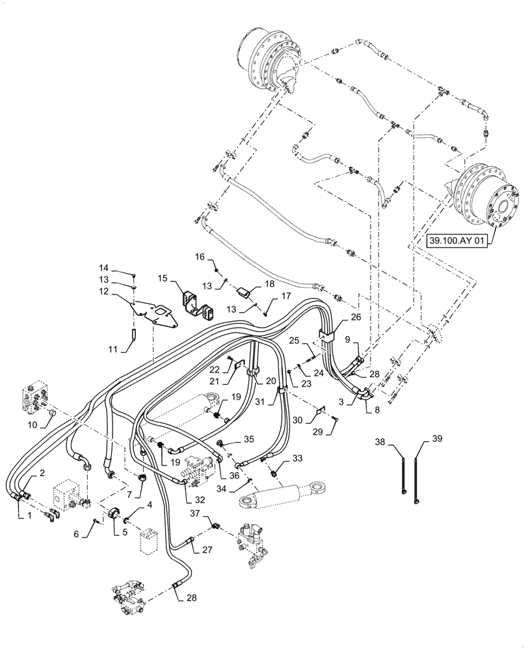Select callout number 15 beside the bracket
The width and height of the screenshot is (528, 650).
point(163,278)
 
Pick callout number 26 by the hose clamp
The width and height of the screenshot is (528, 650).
point(355,317)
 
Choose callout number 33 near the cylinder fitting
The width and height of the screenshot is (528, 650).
point(298,459)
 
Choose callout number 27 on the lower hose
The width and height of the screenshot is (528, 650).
point(207,549)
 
